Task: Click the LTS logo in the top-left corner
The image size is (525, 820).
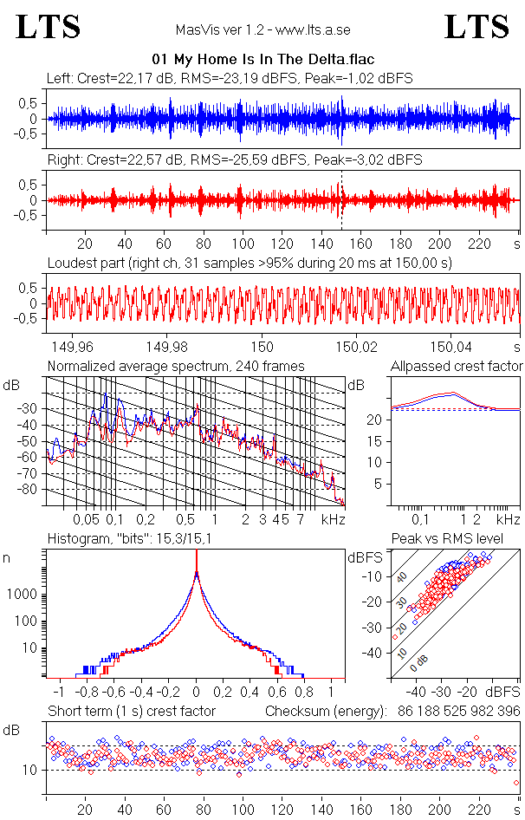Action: (x=49, y=27)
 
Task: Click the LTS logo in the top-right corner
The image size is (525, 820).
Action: (x=476, y=27)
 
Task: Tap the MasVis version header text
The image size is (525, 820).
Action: (x=262, y=29)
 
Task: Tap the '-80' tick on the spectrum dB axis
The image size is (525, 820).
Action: (x=32, y=490)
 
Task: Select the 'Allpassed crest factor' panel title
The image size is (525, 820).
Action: (x=457, y=366)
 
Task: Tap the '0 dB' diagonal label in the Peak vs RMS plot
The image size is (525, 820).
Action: (x=418, y=664)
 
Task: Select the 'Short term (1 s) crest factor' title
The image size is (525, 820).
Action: (x=132, y=711)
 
